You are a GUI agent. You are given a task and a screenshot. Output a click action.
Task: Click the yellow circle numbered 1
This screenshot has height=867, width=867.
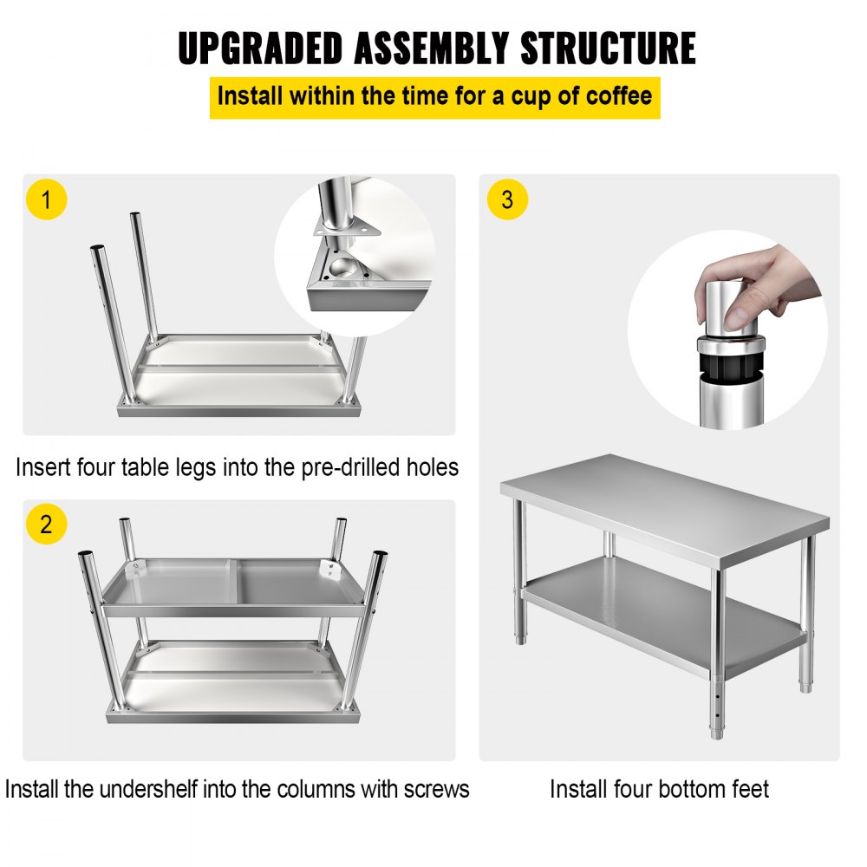[x=47, y=201]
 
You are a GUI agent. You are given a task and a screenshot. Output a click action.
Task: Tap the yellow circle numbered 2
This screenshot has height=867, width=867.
[x=47, y=524]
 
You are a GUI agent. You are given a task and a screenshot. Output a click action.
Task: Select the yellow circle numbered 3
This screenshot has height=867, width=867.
[x=507, y=201]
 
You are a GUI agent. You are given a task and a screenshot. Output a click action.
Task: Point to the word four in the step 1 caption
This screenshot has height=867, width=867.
[x=93, y=467]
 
